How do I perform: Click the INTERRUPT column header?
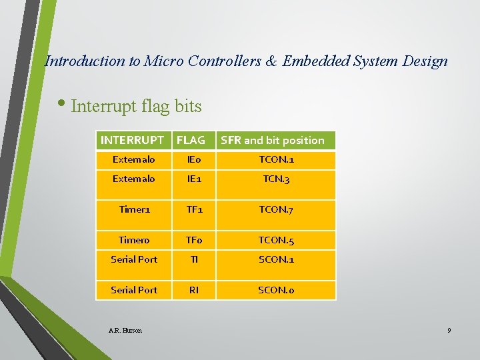point(132,140)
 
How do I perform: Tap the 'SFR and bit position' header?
point(272,140)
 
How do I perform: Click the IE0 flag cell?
point(194,160)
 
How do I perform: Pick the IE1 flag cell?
point(194,179)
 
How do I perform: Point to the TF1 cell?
point(194,209)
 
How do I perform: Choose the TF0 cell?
point(194,240)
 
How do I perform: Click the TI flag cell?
point(194,259)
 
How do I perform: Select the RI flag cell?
point(194,290)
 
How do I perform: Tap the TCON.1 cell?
point(277,160)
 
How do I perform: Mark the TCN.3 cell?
point(277,179)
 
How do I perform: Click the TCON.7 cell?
point(277,209)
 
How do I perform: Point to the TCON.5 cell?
point(277,240)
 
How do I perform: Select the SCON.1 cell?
point(277,259)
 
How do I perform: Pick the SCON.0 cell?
point(277,290)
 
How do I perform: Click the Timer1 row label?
point(134,209)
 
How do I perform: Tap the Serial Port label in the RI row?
point(134,290)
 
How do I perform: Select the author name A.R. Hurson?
point(125,331)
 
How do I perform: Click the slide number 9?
point(449,331)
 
